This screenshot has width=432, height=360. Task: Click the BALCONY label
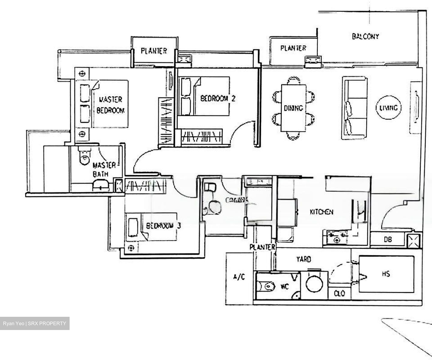tap(365, 37)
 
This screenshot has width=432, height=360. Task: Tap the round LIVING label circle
tap(388, 108)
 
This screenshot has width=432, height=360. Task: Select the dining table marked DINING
tap(293, 108)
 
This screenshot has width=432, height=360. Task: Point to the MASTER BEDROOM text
tap(110, 105)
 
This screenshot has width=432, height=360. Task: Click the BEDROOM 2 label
tap(217, 98)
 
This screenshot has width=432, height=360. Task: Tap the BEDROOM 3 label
tap(163, 226)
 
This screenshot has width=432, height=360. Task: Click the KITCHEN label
tap(321, 212)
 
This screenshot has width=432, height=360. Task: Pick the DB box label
tap(387, 240)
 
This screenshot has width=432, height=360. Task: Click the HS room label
tap(386, 274)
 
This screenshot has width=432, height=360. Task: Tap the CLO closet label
tap(339, 293)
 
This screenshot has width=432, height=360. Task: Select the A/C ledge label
tap(239, 277)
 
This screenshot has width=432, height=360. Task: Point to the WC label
tap(284, 287)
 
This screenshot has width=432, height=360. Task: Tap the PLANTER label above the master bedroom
tap(154, 51)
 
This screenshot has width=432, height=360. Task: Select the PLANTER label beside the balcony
tap(293, 48)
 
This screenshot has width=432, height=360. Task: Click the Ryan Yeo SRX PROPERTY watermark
tap(34, 323)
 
